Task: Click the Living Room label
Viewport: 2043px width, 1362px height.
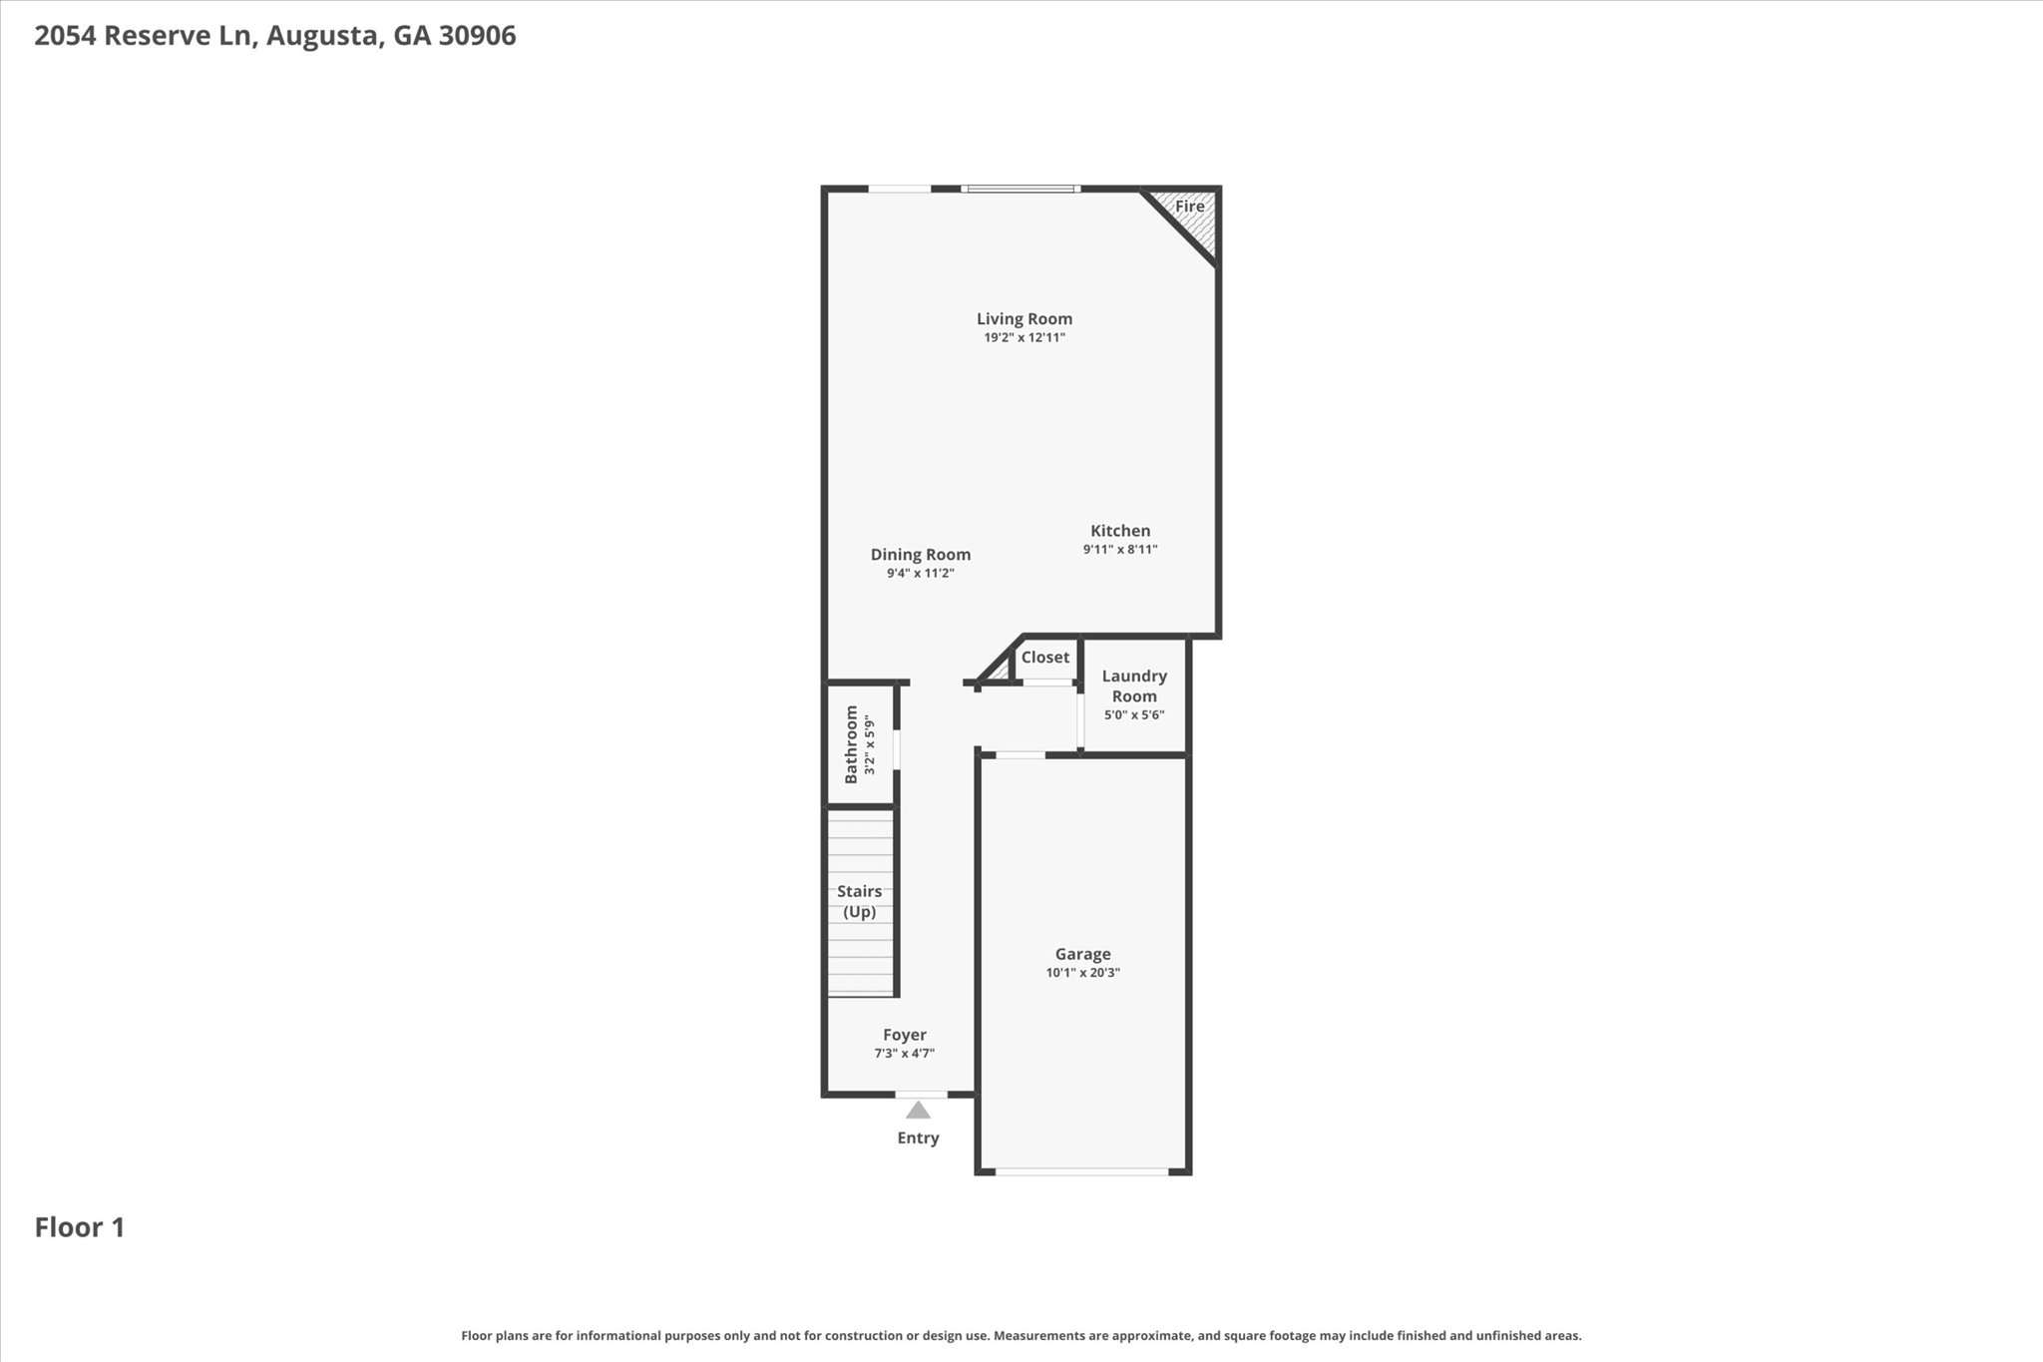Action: point(1023,319)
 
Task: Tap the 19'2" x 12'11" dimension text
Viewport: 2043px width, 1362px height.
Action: point(1023,338)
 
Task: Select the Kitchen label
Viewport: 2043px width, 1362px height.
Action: point(1119,531)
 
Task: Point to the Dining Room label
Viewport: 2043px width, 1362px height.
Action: point(920,555)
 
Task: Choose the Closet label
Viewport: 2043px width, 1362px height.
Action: point(1044,658)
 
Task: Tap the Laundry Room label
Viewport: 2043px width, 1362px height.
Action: point(1134,686)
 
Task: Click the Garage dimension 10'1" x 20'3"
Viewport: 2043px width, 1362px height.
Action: point(1082,973)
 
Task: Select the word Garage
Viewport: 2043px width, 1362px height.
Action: point(1082,954)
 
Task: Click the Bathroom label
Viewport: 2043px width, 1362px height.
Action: point(851,744)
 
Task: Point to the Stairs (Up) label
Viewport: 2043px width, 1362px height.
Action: point(859,901)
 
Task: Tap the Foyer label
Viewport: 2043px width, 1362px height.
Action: point(904,1035)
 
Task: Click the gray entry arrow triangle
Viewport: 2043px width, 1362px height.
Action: point(918,1110)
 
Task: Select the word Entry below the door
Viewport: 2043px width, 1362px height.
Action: point(918,1138)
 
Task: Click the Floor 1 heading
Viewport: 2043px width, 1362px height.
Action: point(80,1227)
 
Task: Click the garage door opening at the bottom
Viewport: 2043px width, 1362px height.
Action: point(1081,1171)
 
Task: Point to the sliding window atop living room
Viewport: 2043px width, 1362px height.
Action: point(1021,188)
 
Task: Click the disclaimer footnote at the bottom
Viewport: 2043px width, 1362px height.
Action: point(1021,1335)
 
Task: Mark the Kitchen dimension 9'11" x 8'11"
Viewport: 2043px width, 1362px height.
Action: point(1119,550)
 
